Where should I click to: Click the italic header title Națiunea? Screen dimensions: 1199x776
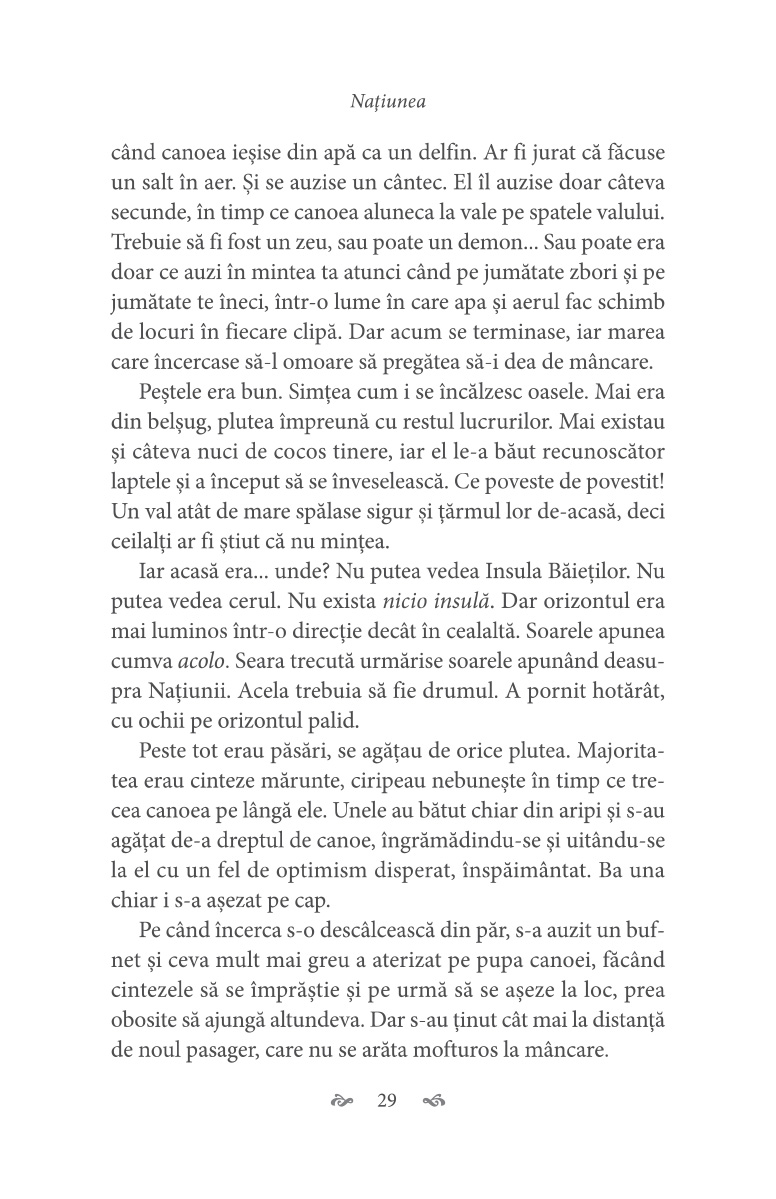[387, 101]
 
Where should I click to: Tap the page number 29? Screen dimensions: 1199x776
[387, 1101]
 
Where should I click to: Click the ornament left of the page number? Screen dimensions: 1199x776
[342, 1102]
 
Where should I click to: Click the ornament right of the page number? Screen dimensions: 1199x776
[433, 1102]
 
